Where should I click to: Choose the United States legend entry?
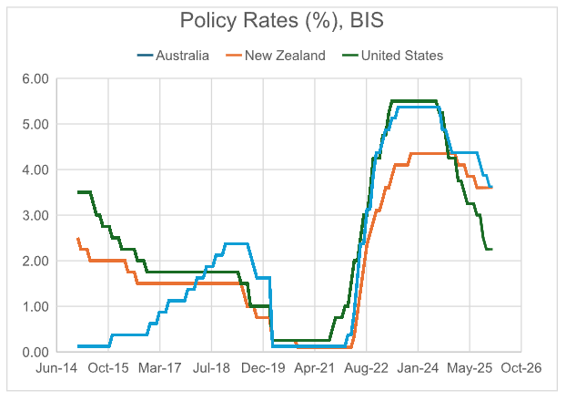coord(401,56)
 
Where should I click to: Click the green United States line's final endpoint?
coord(492,249)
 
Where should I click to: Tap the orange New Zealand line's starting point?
coord(78,238)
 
